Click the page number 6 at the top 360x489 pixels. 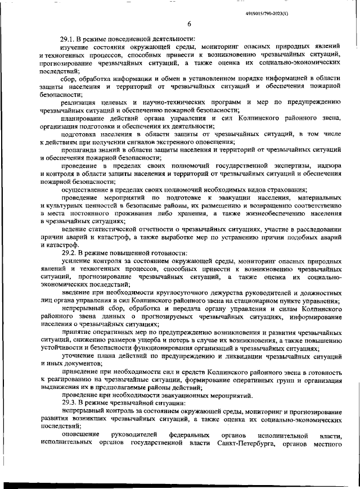189,24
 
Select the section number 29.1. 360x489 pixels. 70,39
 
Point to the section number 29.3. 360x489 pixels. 70,402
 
